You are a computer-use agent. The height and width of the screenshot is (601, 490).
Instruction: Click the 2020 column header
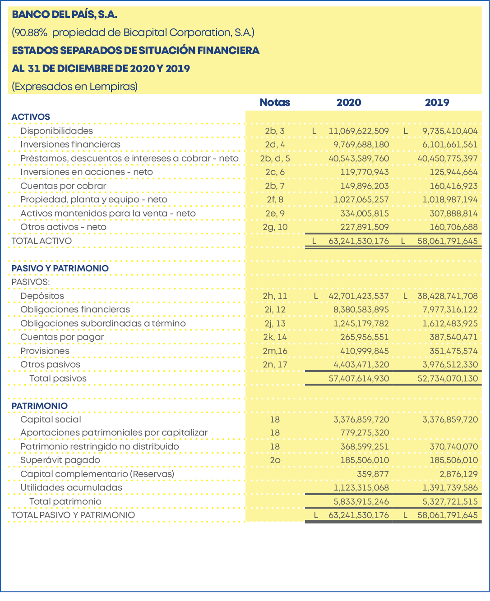[349, 102]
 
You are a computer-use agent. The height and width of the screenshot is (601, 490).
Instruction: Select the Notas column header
[275, 102]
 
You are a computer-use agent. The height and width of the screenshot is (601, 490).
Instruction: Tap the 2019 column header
[437, 102]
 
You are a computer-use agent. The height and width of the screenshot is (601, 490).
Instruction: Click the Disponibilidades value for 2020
[359, 131]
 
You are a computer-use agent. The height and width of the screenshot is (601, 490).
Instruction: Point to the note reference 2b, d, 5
[275, 158]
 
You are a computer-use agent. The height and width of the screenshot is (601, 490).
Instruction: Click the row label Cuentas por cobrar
[63, 186]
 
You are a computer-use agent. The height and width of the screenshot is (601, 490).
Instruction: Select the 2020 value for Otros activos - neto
[365, 227]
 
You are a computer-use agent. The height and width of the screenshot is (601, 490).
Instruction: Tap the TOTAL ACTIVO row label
[42, 241]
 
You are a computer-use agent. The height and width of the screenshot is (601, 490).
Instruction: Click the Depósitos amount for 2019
[448, 296]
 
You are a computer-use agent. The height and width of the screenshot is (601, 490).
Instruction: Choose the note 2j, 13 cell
[275, 323]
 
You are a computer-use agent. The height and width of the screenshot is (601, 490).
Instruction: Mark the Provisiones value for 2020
[365, 351]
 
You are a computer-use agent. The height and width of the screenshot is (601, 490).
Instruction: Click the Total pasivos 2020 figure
[359, 378]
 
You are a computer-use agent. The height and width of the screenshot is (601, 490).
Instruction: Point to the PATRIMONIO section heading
[40, 406]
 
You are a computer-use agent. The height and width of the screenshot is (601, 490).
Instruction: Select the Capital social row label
[51, 419]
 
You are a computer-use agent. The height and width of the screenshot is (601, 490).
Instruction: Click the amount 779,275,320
[365, 433]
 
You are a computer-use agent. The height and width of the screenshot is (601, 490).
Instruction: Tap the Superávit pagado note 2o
[275, 460]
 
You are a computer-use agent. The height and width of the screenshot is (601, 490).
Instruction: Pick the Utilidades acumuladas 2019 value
[450, 487]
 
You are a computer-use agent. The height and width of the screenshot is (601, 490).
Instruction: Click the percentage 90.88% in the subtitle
[31, 32]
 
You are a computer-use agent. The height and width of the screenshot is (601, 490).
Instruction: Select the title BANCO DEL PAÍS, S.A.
[65, 14]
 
